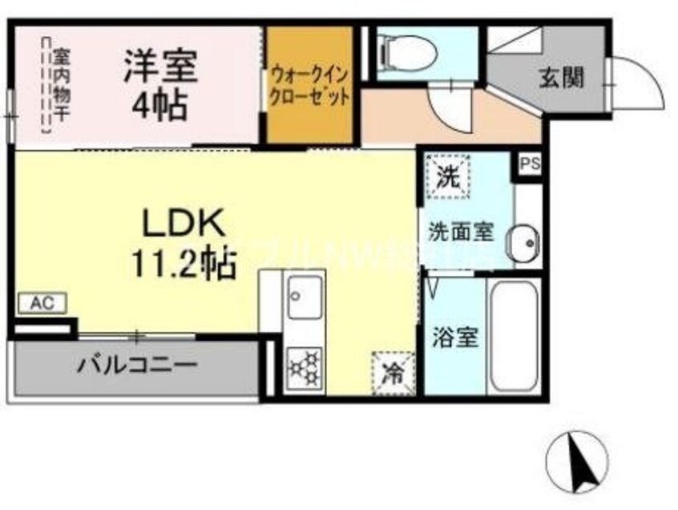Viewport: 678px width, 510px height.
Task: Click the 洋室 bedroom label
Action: pos(160,67)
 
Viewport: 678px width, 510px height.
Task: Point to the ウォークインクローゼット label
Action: pos(309,86)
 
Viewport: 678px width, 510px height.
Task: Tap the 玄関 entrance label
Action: pos(560,78)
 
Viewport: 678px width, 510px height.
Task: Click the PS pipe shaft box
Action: pos(529,164)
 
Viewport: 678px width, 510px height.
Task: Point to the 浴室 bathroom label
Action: pos(455,338)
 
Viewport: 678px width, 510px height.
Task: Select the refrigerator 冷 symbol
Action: pos(393,372)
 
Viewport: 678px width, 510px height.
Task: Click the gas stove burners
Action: pos(305,366)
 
